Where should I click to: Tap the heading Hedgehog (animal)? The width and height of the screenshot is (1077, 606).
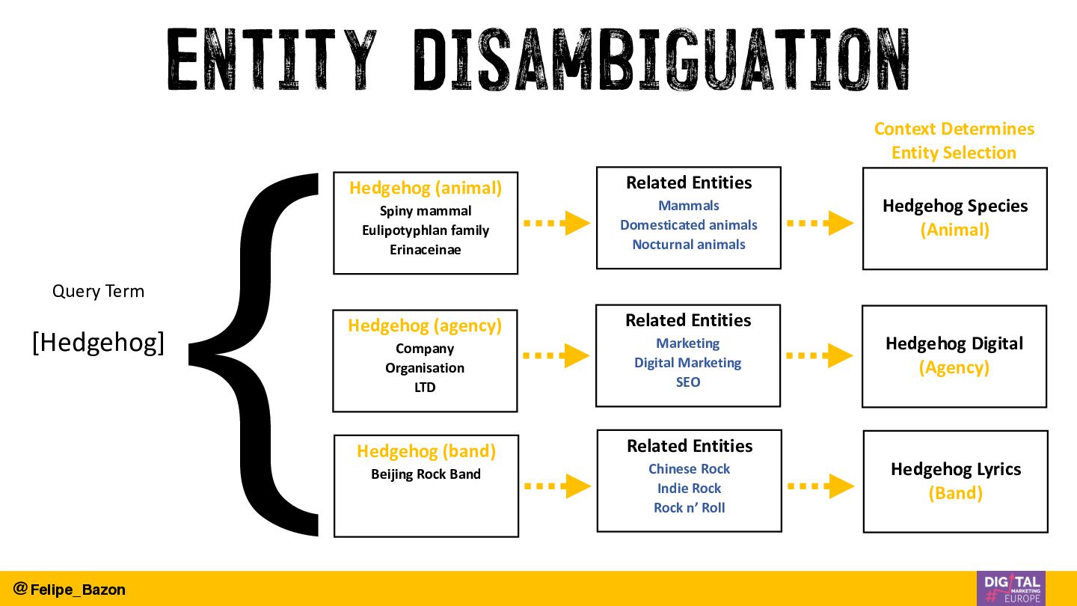click(426, 188)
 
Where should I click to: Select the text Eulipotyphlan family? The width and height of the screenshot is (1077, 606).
click(426, 230)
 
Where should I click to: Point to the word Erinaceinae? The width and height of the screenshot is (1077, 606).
click(426, 250)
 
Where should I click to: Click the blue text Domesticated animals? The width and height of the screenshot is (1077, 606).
click(688, 225)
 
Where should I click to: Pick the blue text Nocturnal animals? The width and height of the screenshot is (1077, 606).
click(688, 245)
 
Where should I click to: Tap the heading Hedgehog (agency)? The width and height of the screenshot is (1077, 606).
click(425, 325)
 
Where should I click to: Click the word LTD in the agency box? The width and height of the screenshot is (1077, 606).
click(425, 388)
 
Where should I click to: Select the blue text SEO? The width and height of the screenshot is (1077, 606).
click(688, 382)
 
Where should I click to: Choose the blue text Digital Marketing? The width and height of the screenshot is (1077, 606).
click(688, 363)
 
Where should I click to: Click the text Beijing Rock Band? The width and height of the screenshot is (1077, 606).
click(426, 474)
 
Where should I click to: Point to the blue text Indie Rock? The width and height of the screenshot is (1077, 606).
click(689, 489)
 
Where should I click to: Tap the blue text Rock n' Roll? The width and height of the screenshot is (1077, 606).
click(689, 508)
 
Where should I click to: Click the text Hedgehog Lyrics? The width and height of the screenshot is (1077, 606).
click(955, 469)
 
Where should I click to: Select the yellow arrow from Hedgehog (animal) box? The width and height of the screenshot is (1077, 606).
click(556, 223)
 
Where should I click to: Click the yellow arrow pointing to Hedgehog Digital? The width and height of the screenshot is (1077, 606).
click(820, 355)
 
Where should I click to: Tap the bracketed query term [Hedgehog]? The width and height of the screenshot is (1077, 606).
click(98, 343)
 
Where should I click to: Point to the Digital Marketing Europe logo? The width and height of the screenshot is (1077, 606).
click(1010, 588)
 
